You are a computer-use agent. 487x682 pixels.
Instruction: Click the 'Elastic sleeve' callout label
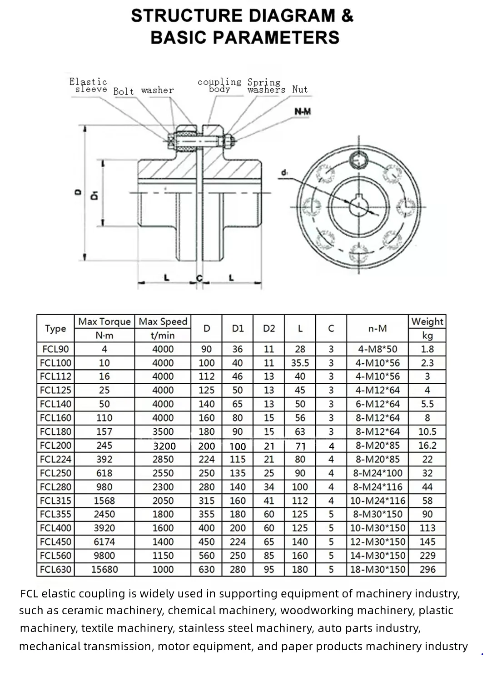(x=89, y=85)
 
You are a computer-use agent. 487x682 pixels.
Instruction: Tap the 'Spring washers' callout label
(x=266, y=86)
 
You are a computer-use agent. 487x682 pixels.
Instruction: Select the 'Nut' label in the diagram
(x=300, y=90)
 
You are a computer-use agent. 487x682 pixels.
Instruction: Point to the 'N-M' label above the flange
(x=303, y=112)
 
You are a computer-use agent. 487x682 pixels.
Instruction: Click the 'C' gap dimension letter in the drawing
(x=199, y=278)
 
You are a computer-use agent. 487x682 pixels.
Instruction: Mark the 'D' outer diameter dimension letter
(x=77, y=193)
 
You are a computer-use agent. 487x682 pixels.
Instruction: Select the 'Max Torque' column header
(x=104, y=321)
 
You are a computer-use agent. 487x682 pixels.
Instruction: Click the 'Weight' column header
(x=427, y=321)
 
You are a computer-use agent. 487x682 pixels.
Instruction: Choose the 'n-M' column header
(x=377, y=328)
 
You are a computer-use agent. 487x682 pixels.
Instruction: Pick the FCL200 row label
(x=55, y=446)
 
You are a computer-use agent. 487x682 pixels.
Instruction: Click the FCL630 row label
(x=55, y=569)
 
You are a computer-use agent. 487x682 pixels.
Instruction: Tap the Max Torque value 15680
(x=104, y=569)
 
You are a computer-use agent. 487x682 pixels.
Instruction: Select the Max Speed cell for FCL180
(x=163, y=431)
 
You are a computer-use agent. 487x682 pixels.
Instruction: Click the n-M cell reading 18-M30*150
(x=377, y=569)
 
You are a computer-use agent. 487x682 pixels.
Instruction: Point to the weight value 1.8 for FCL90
(x=427, y=349)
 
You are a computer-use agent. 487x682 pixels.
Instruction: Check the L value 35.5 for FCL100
(x=300, y=363)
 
